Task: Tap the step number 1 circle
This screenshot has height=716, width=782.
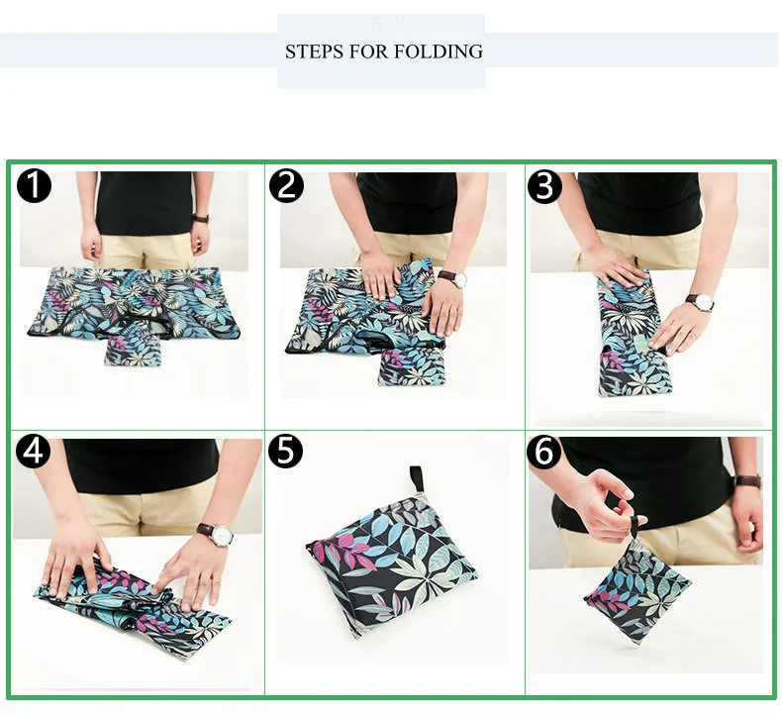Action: coord(34,185)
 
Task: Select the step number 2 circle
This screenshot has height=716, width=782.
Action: coord(286,185)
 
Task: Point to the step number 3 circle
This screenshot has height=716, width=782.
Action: coord(544,185)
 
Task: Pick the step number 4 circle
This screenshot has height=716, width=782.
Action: coord(34,451)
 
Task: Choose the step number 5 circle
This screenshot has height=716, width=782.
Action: coord(286,451)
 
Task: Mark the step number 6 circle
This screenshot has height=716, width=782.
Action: coord(544,451)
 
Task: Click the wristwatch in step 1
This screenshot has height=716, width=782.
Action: coord(201,218)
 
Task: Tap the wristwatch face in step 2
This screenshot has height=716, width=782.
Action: coord(460,280)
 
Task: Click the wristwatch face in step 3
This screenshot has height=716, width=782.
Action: coord(704,301)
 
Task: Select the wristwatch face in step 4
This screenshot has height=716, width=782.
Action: coord(222,535)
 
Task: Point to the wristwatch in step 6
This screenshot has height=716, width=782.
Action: coord(748,481)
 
